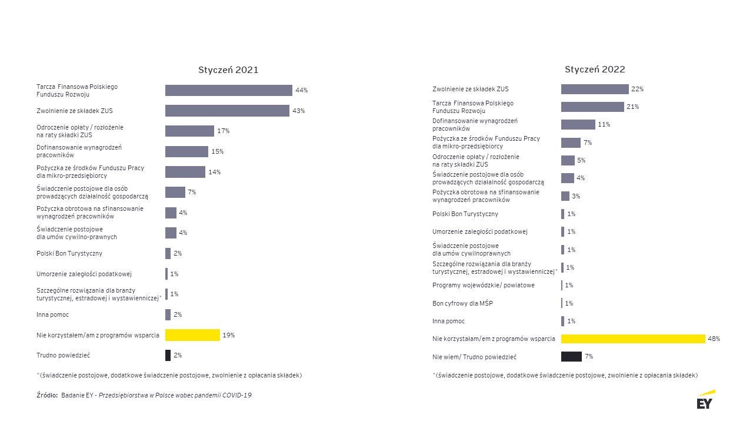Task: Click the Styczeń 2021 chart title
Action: click(228, 70)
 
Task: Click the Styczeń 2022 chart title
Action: click(595, 69)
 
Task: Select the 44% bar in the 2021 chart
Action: click(228, 90)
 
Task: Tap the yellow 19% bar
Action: click(192, 335)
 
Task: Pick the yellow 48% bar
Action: click(633, 339)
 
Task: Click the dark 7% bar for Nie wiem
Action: click(571, 356)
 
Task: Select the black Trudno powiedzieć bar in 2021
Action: click(168, 355)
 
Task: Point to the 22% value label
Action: click(638, 89)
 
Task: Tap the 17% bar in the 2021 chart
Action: click(189, 131)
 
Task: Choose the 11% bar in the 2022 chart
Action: click(578, 124)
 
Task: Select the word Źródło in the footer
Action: click(46, 395)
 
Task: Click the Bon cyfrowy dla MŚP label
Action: click(462, 303)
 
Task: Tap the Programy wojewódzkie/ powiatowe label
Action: click(483, 285)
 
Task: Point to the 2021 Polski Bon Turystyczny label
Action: click(69, 253)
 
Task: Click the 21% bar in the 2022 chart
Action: click(592, 107)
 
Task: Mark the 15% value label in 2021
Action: click(217, 151)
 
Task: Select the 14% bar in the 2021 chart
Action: click(185, 172)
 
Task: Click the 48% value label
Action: click(714, 339)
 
